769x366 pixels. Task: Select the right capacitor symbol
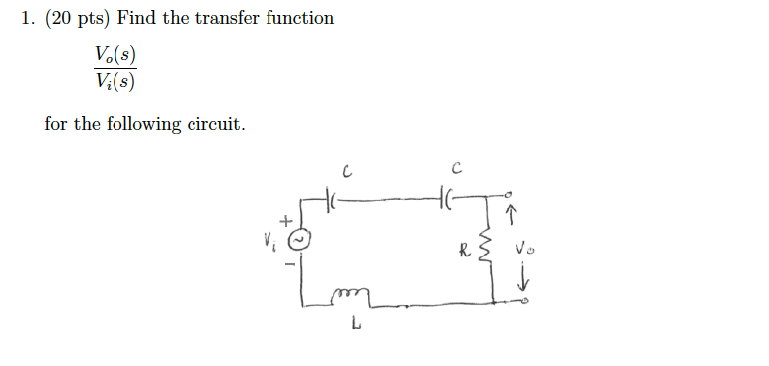(x=450, y=199)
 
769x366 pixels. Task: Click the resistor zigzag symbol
(x=485, y=252)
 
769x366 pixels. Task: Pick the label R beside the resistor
(x=463, y=250)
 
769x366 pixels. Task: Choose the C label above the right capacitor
(x=454, y=168)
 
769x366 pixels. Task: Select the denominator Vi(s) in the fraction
(x=115, y=80)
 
